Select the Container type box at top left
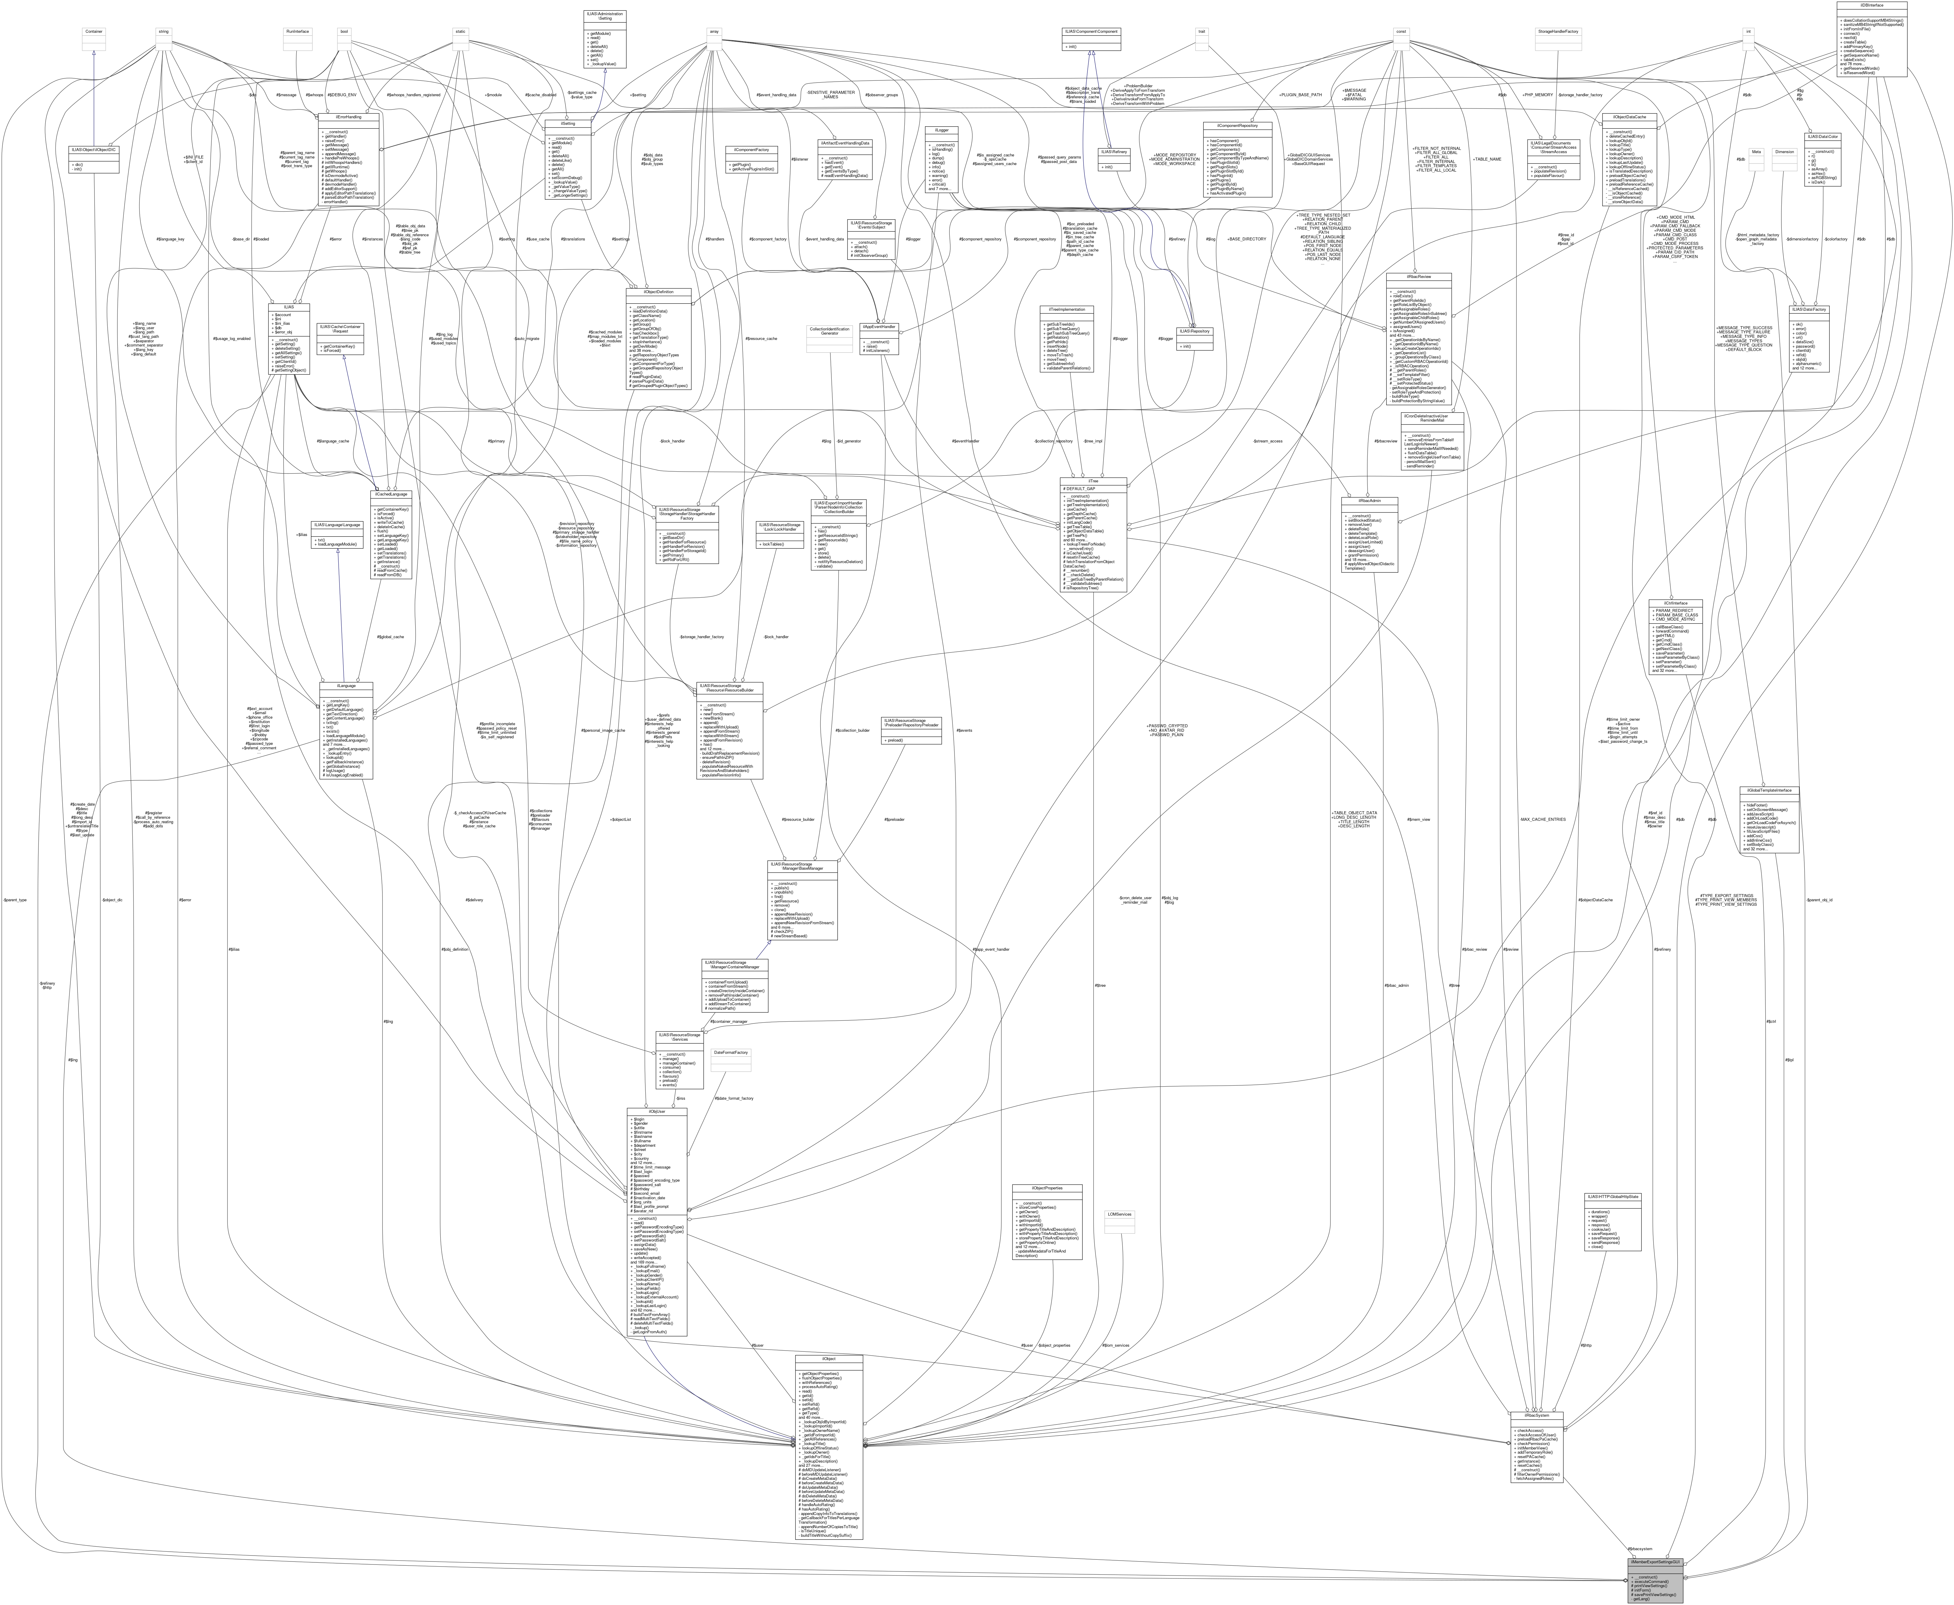[x=93, y=32]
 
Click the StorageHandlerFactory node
[x=1557, y=32]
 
